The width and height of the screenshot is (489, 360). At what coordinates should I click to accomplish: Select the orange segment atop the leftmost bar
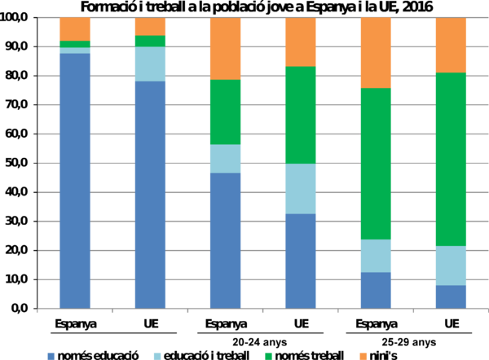click(x=75, y=29)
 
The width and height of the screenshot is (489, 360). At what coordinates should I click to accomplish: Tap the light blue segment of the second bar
click(x=150, y=64)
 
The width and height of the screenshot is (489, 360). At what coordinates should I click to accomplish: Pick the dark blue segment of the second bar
click(x=150, y=195)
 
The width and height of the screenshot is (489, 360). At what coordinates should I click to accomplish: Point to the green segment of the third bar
click(x=225, y=112)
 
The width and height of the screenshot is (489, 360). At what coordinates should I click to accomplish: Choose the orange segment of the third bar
click(x=225, y=48)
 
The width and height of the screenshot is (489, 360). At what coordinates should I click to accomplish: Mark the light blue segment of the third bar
click(x=225, y=158)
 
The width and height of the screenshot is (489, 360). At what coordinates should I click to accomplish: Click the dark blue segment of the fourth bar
click(x=300, y=261)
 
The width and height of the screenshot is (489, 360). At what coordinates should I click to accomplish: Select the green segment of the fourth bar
click(x=300, y=115)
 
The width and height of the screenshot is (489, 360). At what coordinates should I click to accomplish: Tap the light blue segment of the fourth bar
click(x=300, y=188)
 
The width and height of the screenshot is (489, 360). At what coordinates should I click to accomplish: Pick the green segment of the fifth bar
click(x=376, y=163)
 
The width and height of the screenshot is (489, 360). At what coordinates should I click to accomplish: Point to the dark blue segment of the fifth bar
click(x=376, y=290)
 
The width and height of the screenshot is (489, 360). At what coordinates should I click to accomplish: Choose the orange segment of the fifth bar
click(x=376, y=52)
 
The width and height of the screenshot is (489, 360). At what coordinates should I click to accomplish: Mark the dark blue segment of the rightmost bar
click(x=451, y=296)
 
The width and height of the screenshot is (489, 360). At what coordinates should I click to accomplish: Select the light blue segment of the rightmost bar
click(x=451, y=265)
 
